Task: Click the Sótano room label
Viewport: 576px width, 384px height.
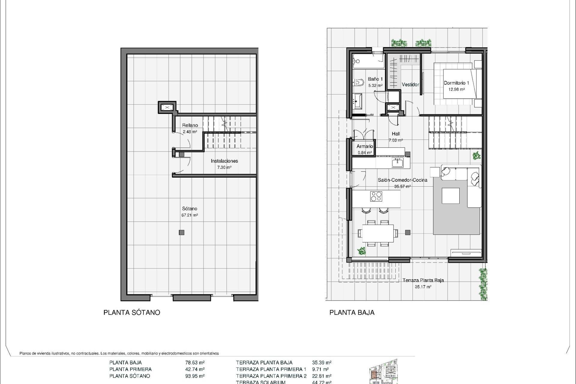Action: (x=190, y=209)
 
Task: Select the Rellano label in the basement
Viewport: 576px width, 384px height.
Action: (x=190, y=125)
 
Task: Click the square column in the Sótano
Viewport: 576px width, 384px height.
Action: (x=181, y=232)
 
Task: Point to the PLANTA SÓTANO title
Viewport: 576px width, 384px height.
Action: (x=132, y=313)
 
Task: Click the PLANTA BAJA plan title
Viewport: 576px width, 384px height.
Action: (x=352, y=313)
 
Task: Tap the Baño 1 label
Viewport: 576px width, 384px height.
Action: (x=375, y=79)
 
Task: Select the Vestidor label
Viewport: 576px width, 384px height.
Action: (x=410, y=85)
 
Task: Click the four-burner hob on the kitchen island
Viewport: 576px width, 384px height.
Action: (x=376, y=196)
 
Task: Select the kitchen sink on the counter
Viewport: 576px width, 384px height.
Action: (x=398, y=163)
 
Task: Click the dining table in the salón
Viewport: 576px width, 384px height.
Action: (x=378, y=233)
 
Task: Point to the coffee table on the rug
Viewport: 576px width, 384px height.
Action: (x=451, y=196)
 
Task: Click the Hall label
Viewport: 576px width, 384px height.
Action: (x=396, y=134)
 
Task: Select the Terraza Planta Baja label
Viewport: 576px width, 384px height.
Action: (x=423, y=280)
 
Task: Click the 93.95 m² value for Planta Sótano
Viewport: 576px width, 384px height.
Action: (x=195, y=376)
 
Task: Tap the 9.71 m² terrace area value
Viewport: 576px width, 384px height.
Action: (x=320, y=369)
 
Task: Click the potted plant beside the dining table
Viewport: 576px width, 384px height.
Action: (x=361, y=251)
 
